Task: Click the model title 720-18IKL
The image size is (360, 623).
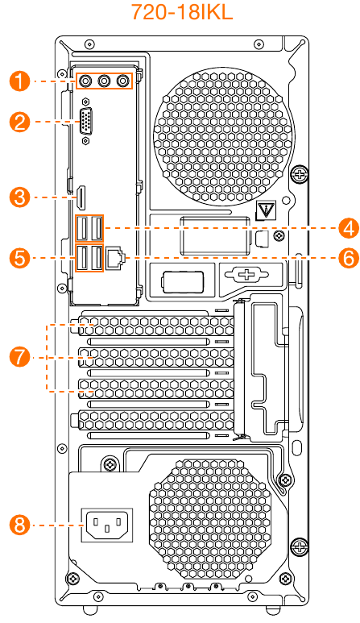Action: pyautogui.click(x=181, y=12)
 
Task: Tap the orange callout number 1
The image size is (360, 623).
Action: pyautogui.click(x=20, y=81)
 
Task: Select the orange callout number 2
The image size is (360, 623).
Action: pyautogui.click(x=20, y=122)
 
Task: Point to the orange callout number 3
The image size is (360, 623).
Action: pyautogui.click(x=20, y=197)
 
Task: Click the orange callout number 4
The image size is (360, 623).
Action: pyautogui.click(x=349, y=229)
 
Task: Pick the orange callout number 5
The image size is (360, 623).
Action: pyautogui.click(x=20, y=258)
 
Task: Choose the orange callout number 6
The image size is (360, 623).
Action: pyautogui.click(x=349, y=258)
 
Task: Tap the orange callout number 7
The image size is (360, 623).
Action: pyautogui.click(x=20, y=356)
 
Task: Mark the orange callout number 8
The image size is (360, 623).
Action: pyautogui.click(x=20, y=525)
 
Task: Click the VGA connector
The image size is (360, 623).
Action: pyautogui.click(x=85, y=121)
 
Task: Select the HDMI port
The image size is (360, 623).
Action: pyautogui.click(x=81, y=198)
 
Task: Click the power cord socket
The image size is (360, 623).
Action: pyautogui.click(x=107, y=525)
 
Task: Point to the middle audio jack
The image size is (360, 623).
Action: pyautogui.click(x=104, y=81)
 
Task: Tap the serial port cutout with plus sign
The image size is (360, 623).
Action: pyautogui.click(x=246, y=274)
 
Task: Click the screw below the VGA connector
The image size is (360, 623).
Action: pyautogui.click(x=85, y=142)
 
